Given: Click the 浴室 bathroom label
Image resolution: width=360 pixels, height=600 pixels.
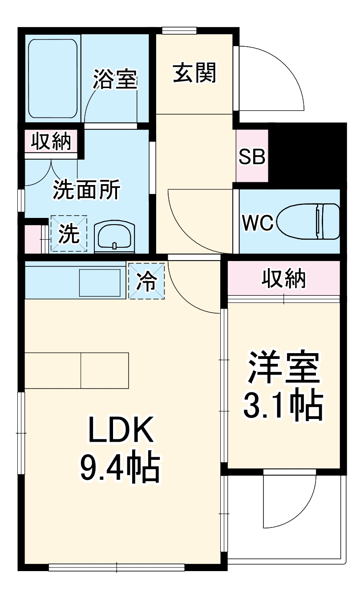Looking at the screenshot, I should pos(115,79).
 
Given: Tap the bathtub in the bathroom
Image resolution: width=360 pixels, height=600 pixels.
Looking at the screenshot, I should pos(53,79).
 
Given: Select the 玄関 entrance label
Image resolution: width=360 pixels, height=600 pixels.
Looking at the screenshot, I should pos(194,72).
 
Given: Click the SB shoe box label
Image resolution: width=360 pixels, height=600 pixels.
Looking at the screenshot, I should pos(252,156).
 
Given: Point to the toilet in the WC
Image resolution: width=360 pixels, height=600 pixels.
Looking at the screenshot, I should pos(308,221).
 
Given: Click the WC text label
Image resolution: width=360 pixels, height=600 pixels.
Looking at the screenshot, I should pos(258,223).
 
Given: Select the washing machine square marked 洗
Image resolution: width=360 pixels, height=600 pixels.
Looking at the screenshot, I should pos(69,234).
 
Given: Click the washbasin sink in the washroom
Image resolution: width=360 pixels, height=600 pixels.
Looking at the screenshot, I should pos(114,236).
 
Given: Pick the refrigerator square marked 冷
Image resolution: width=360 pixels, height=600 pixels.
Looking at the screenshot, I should pos(146,281).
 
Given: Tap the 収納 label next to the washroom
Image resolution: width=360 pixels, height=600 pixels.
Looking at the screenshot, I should pos(51,141).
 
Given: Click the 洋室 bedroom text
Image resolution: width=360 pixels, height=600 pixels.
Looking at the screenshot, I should pos(283,367).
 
